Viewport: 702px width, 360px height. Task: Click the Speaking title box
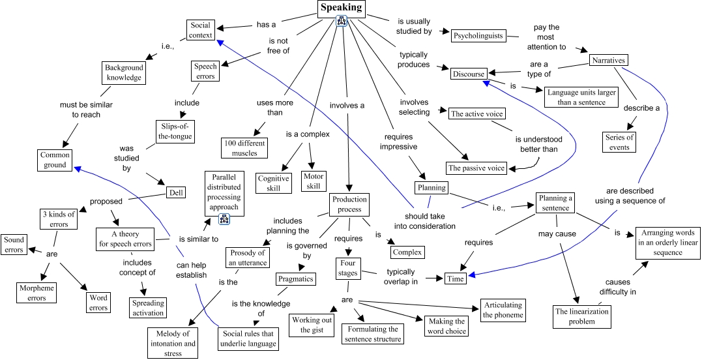[342, 8]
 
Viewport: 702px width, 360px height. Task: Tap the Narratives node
[608, 60]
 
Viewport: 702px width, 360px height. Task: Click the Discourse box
[469, 74]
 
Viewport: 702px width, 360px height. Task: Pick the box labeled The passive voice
[476, 168]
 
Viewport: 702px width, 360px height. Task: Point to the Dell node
[175, 192]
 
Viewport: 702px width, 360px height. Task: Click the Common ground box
[54, 160]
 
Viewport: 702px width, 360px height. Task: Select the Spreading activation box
[148, 308]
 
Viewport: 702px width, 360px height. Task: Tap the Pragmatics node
[295, 278]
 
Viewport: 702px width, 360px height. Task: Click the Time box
[456, 278]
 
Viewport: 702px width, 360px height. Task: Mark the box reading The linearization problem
[583, 316]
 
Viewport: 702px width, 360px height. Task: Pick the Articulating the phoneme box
[503, 310]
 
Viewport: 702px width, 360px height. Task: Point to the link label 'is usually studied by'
[413, 25]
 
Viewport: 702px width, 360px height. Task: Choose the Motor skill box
[313, 181]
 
